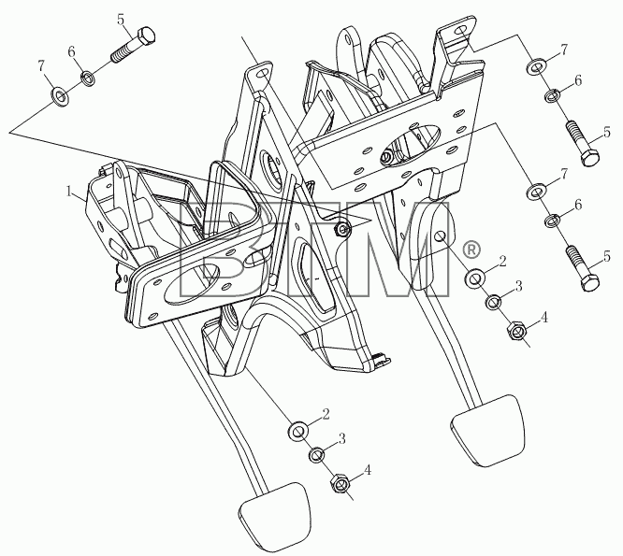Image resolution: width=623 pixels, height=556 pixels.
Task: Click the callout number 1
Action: [69, 192]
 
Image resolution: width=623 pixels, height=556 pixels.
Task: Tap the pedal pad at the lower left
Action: [273, 517]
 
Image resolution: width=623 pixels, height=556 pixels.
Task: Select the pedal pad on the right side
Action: [487, 430]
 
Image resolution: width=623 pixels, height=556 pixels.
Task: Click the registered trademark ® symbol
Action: [471, 249]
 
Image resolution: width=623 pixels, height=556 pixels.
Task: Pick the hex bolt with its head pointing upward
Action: [134, 45]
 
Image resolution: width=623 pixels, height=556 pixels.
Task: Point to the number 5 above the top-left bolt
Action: [122, 19]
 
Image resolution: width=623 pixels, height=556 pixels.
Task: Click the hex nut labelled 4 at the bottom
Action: [340, 482]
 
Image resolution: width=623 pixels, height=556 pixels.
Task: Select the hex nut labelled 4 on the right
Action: [516, 330]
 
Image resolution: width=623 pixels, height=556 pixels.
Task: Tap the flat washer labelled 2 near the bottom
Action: [297, 431]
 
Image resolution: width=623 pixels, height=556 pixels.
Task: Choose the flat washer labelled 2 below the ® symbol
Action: [474, 278]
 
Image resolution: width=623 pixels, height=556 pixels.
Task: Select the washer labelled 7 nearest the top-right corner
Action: [536, 66]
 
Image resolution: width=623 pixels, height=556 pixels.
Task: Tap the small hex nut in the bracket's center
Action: [342, 229]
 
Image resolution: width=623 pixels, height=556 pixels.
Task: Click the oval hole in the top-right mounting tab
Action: [460, 31]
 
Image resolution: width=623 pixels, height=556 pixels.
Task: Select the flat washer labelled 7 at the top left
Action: [60, 95]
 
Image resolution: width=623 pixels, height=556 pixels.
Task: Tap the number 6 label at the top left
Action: [71, 52]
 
